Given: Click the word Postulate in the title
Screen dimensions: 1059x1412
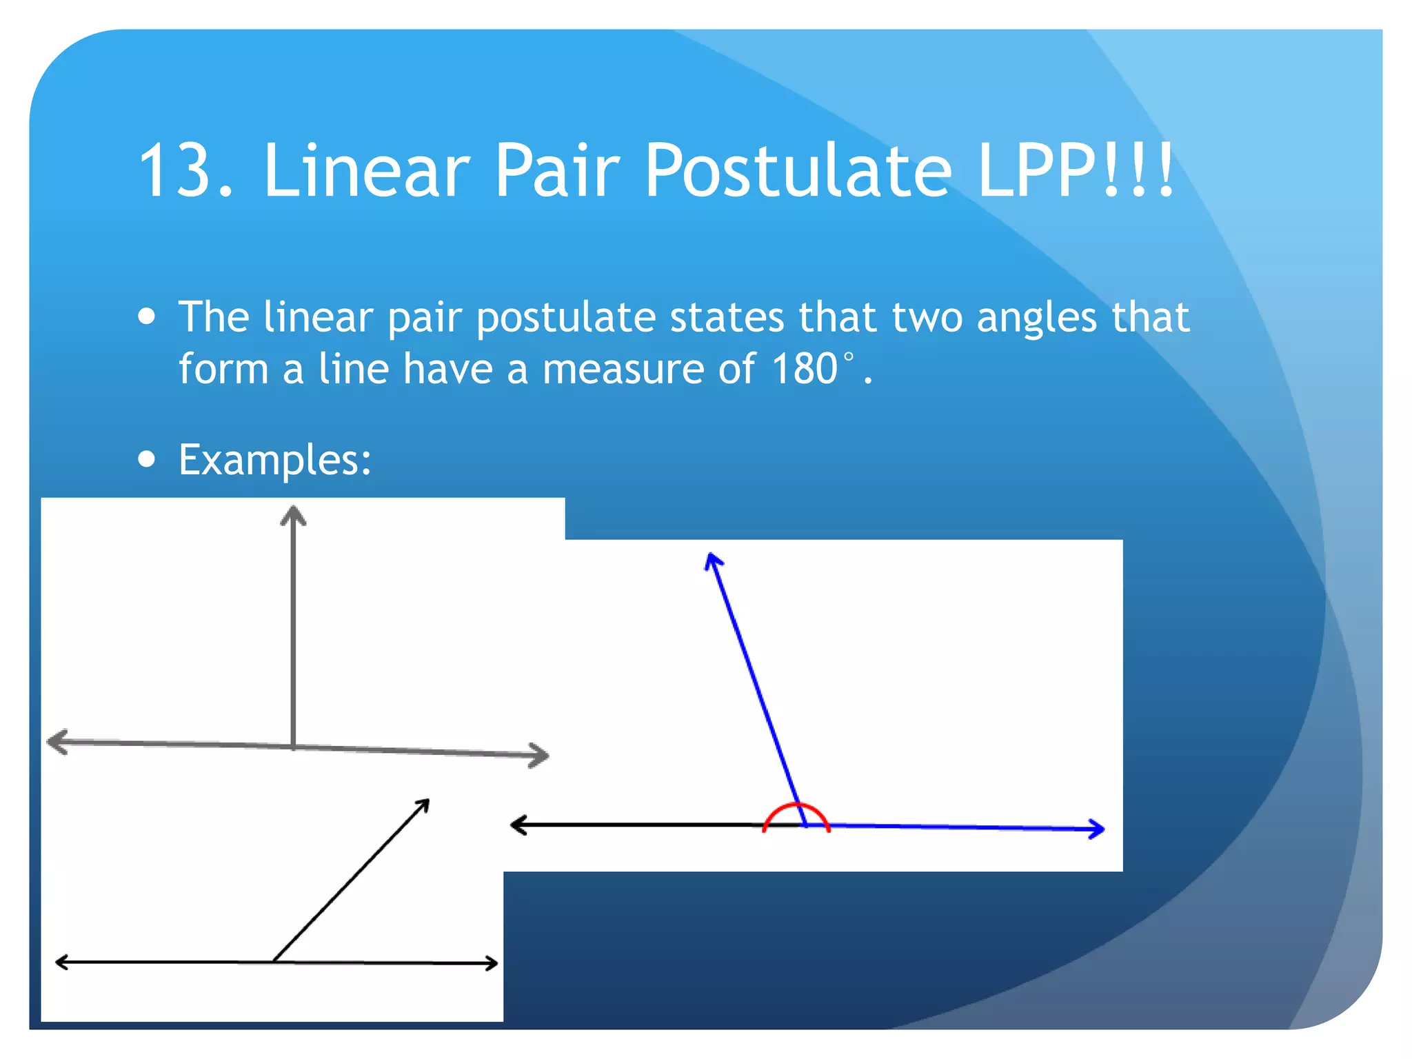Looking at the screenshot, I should pos(798,171).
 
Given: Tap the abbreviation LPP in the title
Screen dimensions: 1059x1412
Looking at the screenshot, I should pos(1036,171).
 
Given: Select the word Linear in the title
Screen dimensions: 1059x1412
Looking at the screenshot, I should pos(367,171).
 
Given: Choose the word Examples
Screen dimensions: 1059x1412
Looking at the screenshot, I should pos(274,459).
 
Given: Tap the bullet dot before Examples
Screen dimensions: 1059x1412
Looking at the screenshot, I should pos(146,459).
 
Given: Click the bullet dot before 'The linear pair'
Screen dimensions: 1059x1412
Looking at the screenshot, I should pos(146,316).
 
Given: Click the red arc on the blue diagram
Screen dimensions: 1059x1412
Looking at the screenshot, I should pos(796,808).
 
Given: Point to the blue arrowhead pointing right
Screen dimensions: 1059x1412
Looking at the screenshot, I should pos(1097,829).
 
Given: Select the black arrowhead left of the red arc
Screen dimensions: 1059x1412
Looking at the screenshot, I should pos(518,825).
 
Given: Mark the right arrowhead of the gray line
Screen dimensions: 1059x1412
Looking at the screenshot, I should pos(541,756).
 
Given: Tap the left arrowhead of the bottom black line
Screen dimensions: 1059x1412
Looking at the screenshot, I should pos(61,962).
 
